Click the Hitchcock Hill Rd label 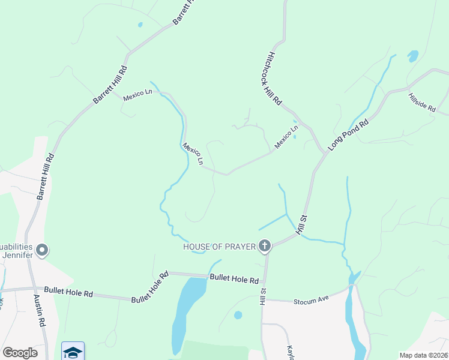274,78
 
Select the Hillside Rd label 421,101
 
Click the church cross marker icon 265,245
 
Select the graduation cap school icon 73,352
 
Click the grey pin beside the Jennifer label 41,250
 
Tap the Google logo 20,353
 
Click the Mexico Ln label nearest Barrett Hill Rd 137,95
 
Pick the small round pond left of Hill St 238,315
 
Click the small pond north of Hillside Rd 413,56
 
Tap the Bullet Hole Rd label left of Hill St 234,279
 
